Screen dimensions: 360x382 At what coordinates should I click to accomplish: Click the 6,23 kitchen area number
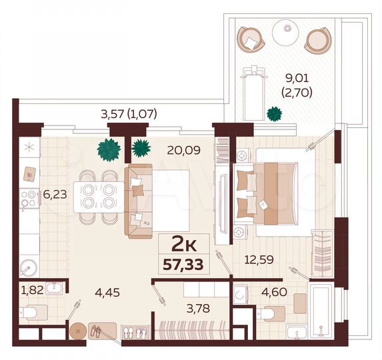coord(55,195)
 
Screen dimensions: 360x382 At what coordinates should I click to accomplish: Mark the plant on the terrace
coord(273,113)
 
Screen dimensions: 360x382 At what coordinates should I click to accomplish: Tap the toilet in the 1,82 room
coord(34,311)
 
